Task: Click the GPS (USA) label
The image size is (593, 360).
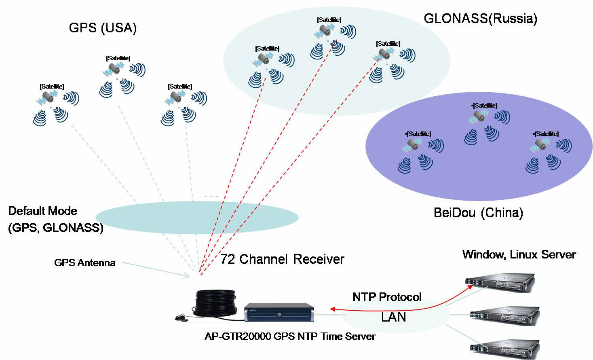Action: [x=103, y=28]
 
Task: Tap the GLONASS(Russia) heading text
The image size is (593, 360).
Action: [x=480, y=19]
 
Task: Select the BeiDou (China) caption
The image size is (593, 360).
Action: [x=478, y=213]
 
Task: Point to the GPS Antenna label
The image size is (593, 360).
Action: [x=84, y=263]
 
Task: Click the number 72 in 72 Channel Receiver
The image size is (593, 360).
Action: [x=227, y=259]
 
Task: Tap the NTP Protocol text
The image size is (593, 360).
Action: [x=387, y=297]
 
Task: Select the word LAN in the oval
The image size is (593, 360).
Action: [x=393, y=317]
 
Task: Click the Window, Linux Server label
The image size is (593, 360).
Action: [x=519, y=254]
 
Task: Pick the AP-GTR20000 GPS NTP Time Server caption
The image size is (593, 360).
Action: [x=290, y=336]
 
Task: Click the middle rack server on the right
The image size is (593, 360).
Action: [x=505, y=316]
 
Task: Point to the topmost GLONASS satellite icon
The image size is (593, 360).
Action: [x=325, y=30]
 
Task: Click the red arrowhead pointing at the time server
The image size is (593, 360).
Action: [x=333, y=309]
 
